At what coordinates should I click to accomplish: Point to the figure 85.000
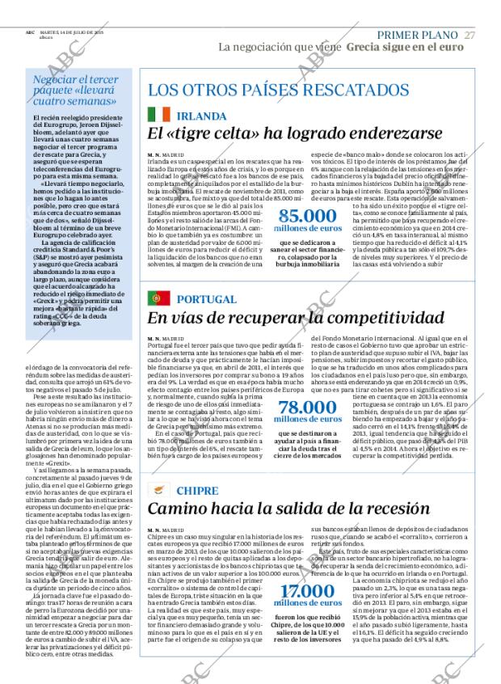click(x=306, y=216)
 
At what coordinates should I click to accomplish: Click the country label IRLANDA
click(x=201, y=116)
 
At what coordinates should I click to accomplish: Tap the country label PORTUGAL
click(x=206, y=299)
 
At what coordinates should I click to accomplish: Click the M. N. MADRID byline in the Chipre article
click(x=166, y=530)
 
